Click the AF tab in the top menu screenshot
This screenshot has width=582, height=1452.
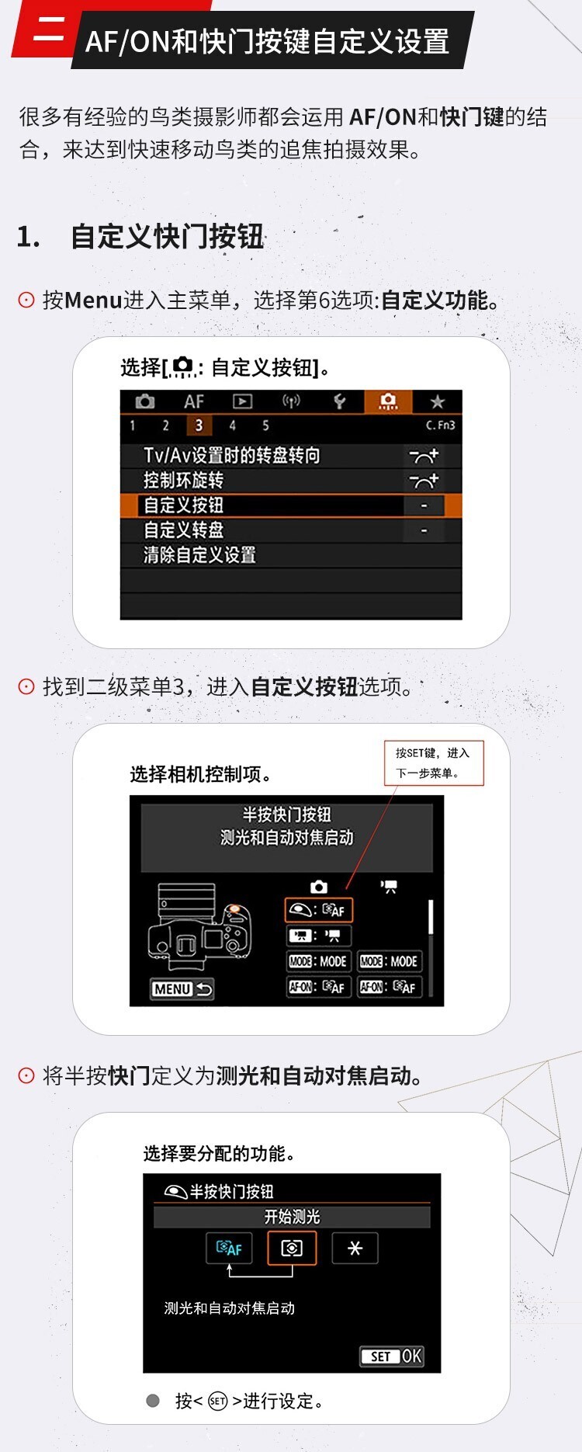point(194,401)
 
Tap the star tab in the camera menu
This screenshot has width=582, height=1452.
point(437,401)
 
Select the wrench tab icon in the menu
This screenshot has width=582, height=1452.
point(339,401)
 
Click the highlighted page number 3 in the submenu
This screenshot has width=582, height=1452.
point(199,426)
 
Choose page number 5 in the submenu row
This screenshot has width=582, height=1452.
point(265,426)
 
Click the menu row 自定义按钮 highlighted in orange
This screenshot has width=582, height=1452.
point(291,505)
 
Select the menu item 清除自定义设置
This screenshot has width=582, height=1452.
point(199,555)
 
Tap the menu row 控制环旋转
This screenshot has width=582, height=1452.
point(183,481)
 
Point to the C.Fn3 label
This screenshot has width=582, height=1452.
point(440,426)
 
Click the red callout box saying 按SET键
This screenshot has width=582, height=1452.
point(434,762)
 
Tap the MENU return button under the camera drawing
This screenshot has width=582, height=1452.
point(182,989)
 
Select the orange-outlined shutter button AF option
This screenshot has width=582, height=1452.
point(319,910)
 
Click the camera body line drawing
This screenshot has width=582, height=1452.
point(199,927)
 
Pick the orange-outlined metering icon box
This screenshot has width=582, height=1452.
point(292,1248)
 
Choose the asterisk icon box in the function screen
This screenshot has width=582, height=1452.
point(355,1248)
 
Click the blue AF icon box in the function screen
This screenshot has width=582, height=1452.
point(230,1248)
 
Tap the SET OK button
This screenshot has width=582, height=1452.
point(392,1356)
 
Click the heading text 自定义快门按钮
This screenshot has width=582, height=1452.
point(168,237)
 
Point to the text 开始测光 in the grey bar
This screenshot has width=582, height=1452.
point(292,1217)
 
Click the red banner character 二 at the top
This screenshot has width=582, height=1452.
point(49,30)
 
